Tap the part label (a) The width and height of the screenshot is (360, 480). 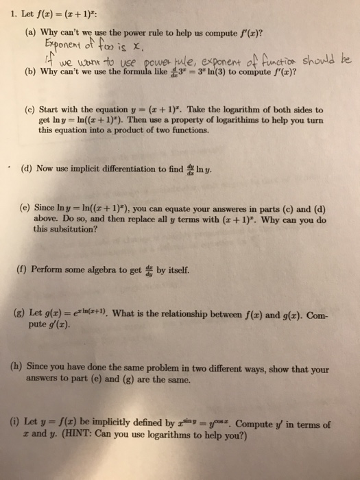pos(32,31)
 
